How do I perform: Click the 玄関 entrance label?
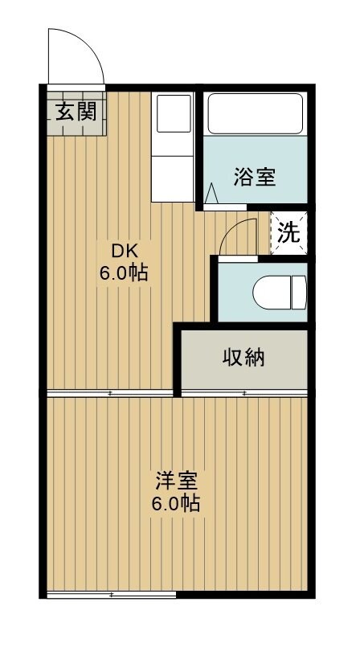click(76, 110)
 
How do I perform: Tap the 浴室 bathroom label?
click(255, 177)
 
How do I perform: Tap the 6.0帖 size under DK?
click(123, 272)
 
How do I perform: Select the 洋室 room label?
click(177, 482)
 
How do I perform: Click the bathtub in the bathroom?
click(254, 113)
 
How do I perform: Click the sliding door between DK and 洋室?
click(111, 393)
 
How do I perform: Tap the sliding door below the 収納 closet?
click(243, 393)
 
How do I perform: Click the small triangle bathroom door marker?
click(212, 194)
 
